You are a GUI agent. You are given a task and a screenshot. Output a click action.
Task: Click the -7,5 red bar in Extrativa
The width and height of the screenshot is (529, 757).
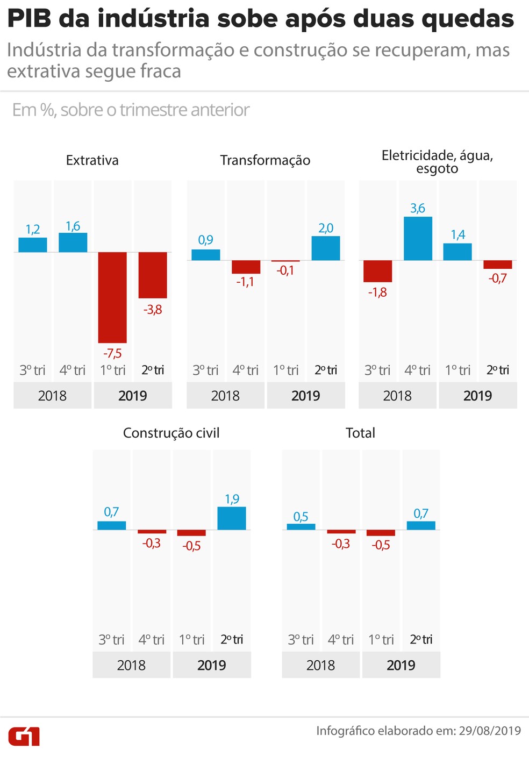(x=112, y=297)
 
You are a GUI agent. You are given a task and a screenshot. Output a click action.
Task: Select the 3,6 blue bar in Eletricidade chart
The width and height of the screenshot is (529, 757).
(x=418, y=238)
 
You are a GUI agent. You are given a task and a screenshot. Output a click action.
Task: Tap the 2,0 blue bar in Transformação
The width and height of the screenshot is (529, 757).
(x=326, y=248)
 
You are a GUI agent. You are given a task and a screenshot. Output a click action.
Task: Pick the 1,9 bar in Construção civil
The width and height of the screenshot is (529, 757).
(x=232, y=518)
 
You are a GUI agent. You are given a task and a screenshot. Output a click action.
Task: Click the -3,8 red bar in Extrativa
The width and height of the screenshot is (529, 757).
(x=153, y=275)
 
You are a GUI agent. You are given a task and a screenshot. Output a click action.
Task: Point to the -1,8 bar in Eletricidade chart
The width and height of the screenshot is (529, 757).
(x=377, y=271)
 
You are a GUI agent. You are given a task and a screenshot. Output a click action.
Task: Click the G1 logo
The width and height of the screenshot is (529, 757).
(x=24, y=736)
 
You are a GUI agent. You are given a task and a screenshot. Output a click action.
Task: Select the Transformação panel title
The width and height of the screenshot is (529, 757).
(x=265, y=160)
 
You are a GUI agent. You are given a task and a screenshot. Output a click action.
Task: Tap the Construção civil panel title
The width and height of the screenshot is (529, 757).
(x=171, y=433)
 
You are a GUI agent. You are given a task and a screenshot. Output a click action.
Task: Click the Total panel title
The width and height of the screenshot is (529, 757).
(x=360, y=433)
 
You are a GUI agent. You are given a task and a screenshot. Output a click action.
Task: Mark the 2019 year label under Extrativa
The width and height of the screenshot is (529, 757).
(x=133, y=396)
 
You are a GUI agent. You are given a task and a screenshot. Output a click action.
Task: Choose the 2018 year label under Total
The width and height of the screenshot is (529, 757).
(x=321, y=665)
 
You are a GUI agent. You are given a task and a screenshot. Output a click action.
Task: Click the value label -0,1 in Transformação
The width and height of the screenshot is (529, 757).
(x=285, y=270)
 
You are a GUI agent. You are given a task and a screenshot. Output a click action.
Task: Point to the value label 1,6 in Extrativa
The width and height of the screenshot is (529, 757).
(x=73, y=226)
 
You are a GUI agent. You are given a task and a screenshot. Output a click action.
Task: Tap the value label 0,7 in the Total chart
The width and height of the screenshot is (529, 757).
(x=421, y=513)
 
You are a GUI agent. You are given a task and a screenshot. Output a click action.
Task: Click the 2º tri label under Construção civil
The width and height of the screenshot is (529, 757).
(x=232, y=639)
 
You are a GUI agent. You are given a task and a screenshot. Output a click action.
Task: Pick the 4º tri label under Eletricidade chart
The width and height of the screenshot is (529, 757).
(x=417, y=370)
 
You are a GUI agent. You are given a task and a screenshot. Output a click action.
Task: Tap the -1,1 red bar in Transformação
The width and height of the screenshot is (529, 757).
(x=246, y=267)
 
